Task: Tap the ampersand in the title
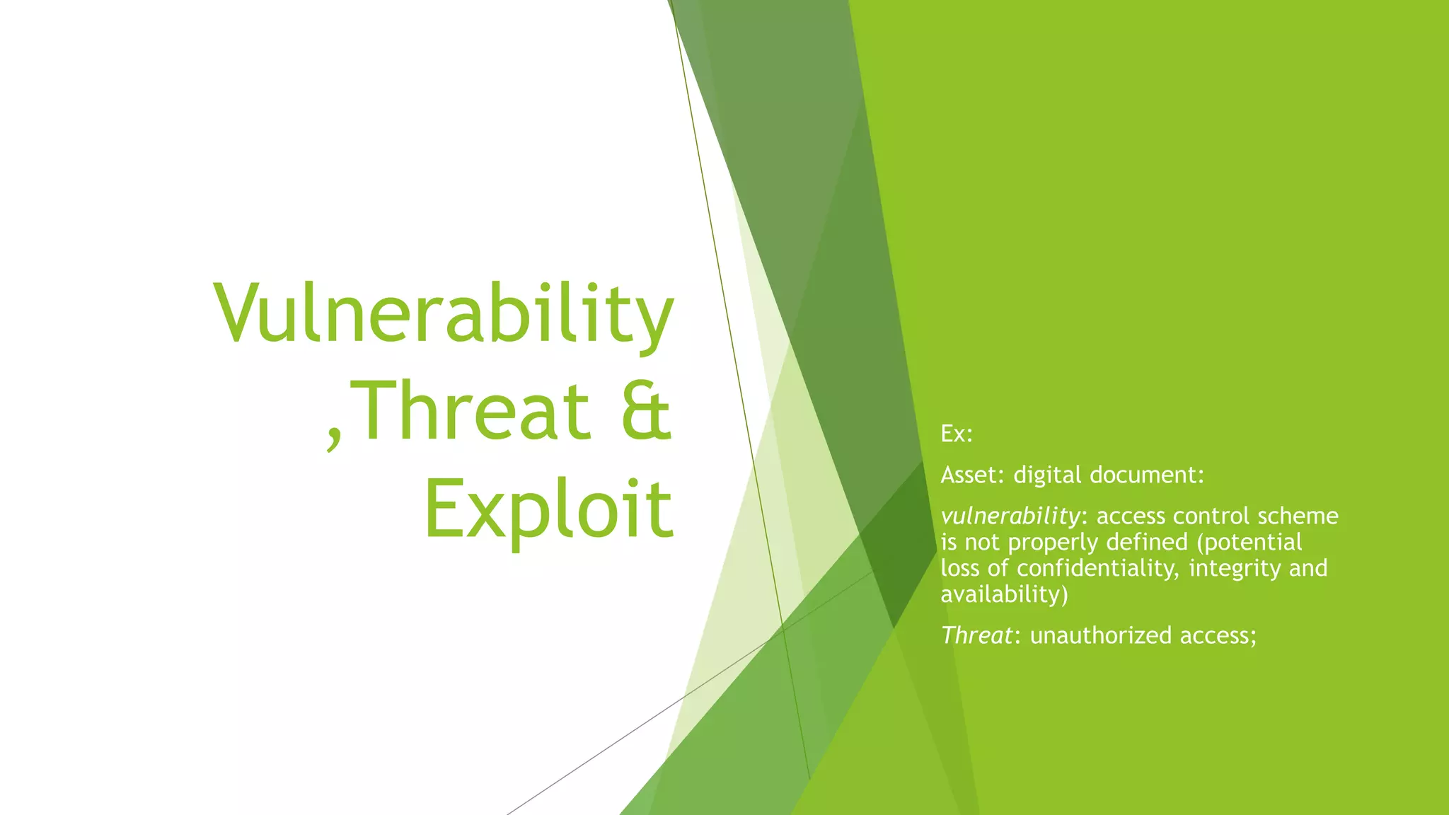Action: click(x=645, y=411)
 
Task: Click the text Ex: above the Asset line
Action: click(x=957, y=434)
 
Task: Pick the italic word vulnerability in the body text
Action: click(x=1010, y=516)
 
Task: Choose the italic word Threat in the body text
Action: click(x=976, y=635)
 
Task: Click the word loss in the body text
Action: click(x=959, y=568)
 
